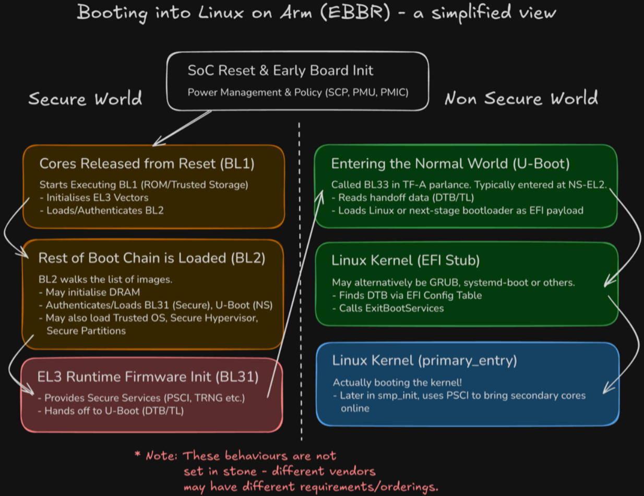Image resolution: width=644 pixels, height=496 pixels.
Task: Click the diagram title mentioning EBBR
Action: [x=316, y=12]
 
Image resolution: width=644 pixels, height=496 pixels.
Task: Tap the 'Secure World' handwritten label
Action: [x=85, y=99]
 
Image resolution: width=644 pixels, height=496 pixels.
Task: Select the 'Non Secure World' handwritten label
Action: [x=521, y=98]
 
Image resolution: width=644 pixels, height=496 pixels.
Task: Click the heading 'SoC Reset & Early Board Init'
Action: [x=280, y=71]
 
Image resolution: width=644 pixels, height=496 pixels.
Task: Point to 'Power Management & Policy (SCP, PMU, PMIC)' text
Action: [x=298, y=93]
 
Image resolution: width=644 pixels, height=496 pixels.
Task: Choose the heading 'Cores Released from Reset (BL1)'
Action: [x=147, y=164]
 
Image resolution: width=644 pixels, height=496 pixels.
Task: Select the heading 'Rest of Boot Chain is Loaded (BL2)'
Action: [x=152, y=258]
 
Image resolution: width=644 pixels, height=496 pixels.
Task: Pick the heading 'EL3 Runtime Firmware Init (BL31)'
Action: [x=148, y=377]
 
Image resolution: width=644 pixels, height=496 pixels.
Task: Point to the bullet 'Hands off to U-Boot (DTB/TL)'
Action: [x=111, y=410]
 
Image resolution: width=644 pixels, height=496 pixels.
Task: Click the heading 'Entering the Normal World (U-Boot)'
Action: [x=450, y=164]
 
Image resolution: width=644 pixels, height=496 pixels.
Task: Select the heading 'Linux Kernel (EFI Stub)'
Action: [x=406, y=260]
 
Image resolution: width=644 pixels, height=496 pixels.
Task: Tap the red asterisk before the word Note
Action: [x=138, y=455]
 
